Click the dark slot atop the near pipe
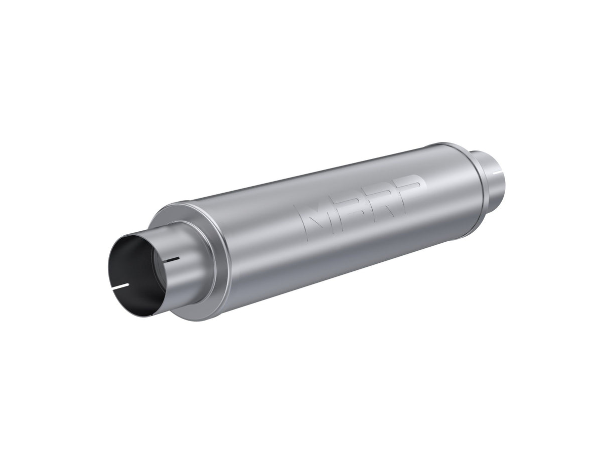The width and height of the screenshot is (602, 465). (x=172, y=260)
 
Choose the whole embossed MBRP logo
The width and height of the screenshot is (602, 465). (x=361, y=203)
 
